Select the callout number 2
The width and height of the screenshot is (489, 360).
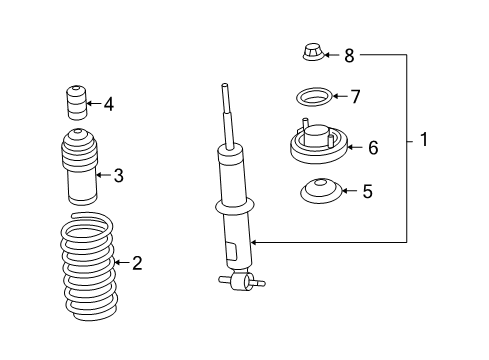(137, 264)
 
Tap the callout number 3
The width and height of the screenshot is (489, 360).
(118, 176)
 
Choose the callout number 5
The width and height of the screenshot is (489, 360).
(367, 190)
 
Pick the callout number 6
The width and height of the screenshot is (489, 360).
(372, 148)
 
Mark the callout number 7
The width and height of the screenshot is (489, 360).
(354, 97)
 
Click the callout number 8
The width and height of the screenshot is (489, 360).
(349, 55)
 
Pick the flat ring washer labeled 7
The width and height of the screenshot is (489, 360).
(313, 98)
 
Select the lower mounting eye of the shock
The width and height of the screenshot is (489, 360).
(241, 284)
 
